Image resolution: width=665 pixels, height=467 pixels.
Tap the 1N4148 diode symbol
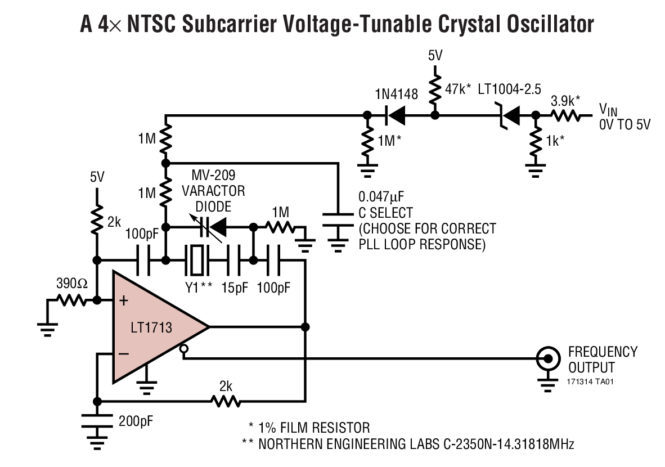click(396, 116)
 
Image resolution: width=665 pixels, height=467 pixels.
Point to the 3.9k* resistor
click(565, 116)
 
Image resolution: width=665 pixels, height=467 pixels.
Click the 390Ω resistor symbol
click(70, 300)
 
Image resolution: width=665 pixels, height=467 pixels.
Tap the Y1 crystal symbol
click(197, 261)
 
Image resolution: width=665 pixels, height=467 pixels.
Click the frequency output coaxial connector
click(546, 357)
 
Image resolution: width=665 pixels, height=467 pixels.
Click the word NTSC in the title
click(156, 24)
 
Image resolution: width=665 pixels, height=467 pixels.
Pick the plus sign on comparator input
click(124, 301)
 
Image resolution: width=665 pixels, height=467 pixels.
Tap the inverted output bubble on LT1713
click(183, 351)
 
